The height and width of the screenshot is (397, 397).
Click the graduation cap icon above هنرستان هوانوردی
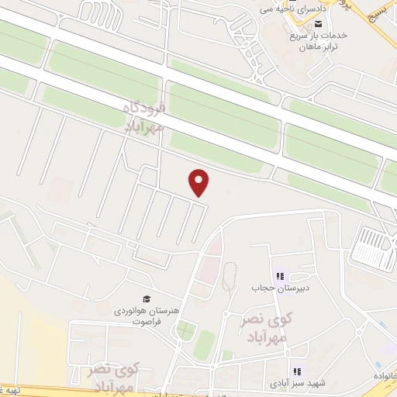pyautogui.click(x=145, y=299)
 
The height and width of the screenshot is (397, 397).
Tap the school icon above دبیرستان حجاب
pyautogui.click(x=280, y=276)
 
